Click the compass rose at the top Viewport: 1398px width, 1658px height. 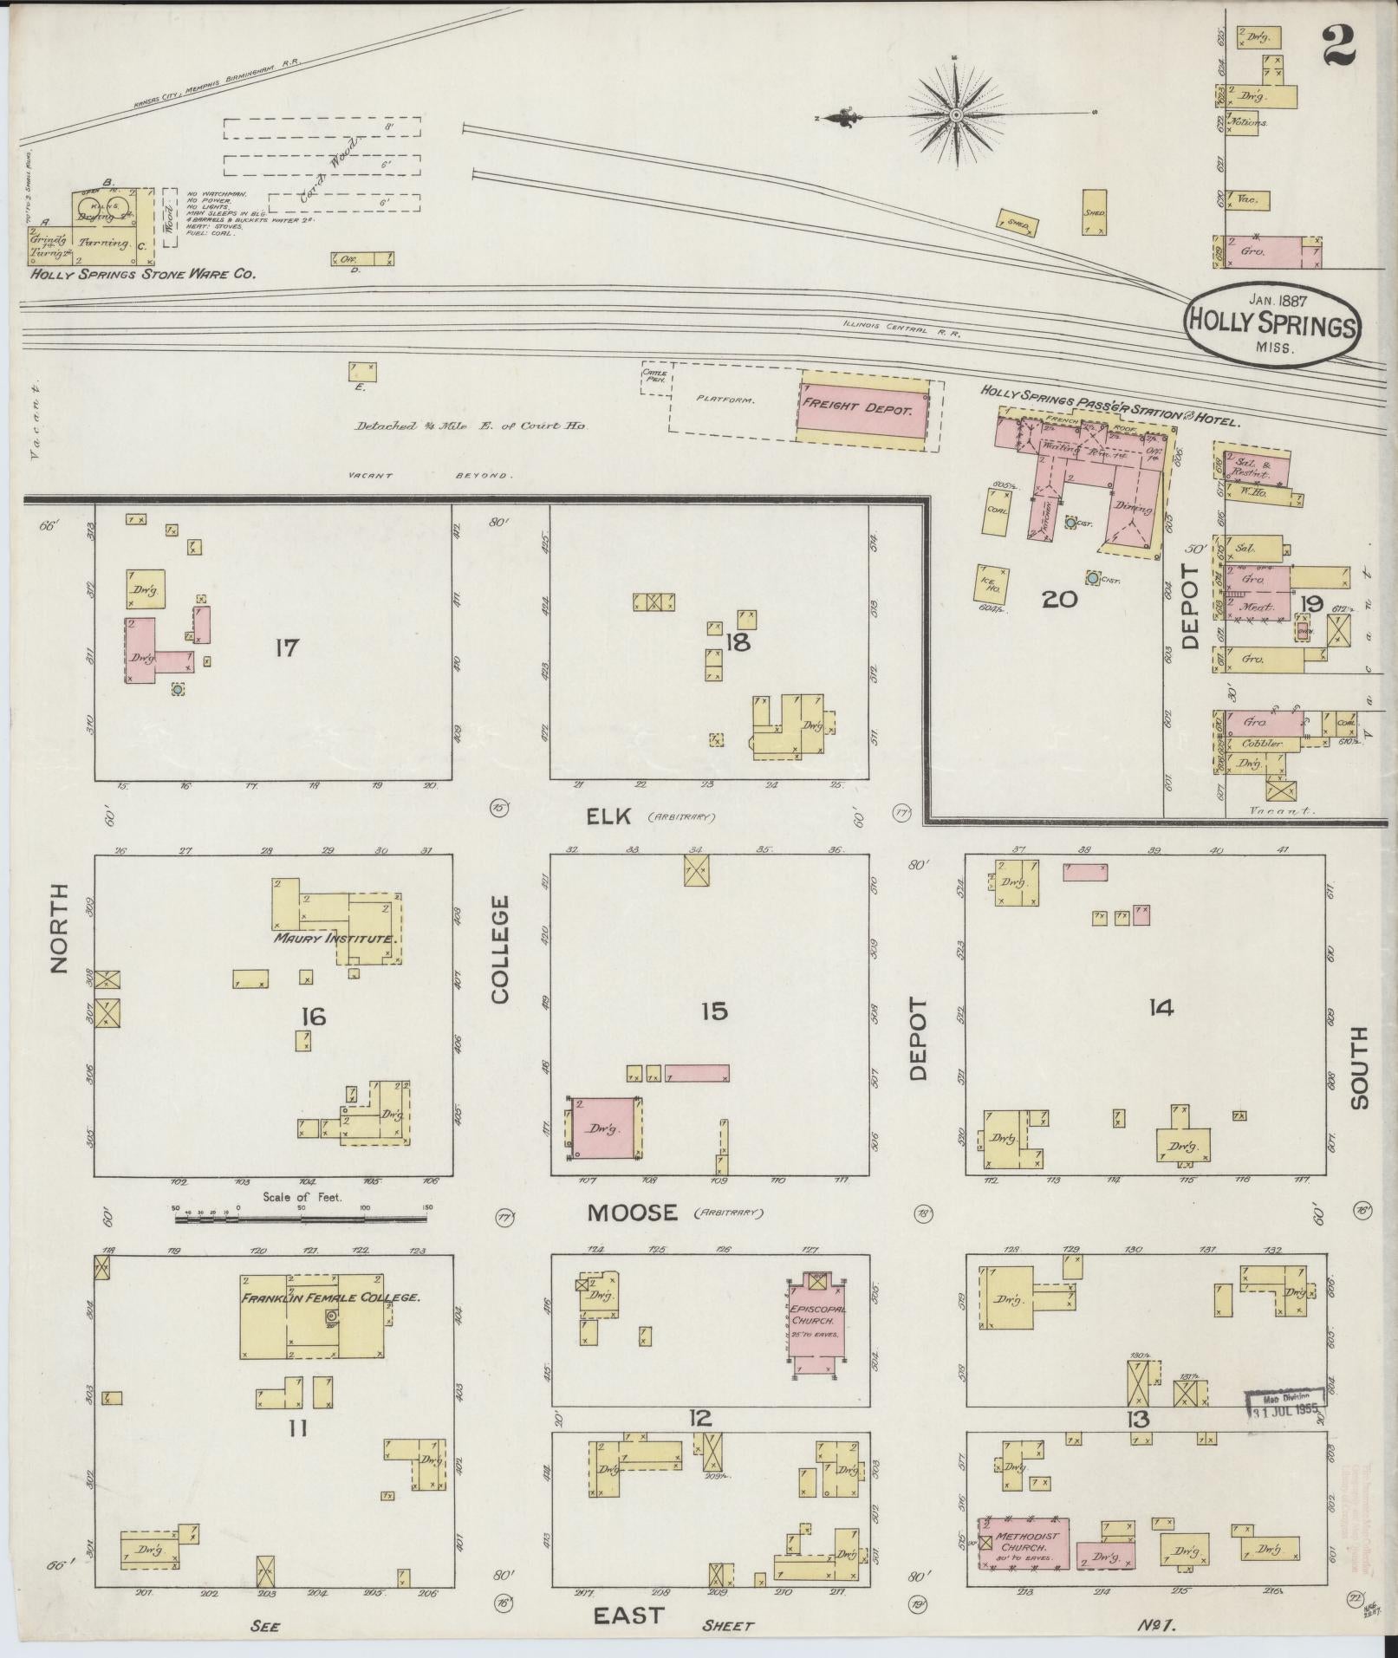click(956, 114)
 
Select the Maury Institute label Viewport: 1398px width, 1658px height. click(335, 938)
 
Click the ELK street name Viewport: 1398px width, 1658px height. click(612, 816)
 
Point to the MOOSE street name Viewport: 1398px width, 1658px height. click(632, 1213)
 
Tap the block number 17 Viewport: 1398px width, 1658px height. click(286, 647)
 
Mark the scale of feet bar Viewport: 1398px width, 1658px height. click(300, 1219)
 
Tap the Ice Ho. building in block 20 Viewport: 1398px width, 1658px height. click(992, 583)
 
